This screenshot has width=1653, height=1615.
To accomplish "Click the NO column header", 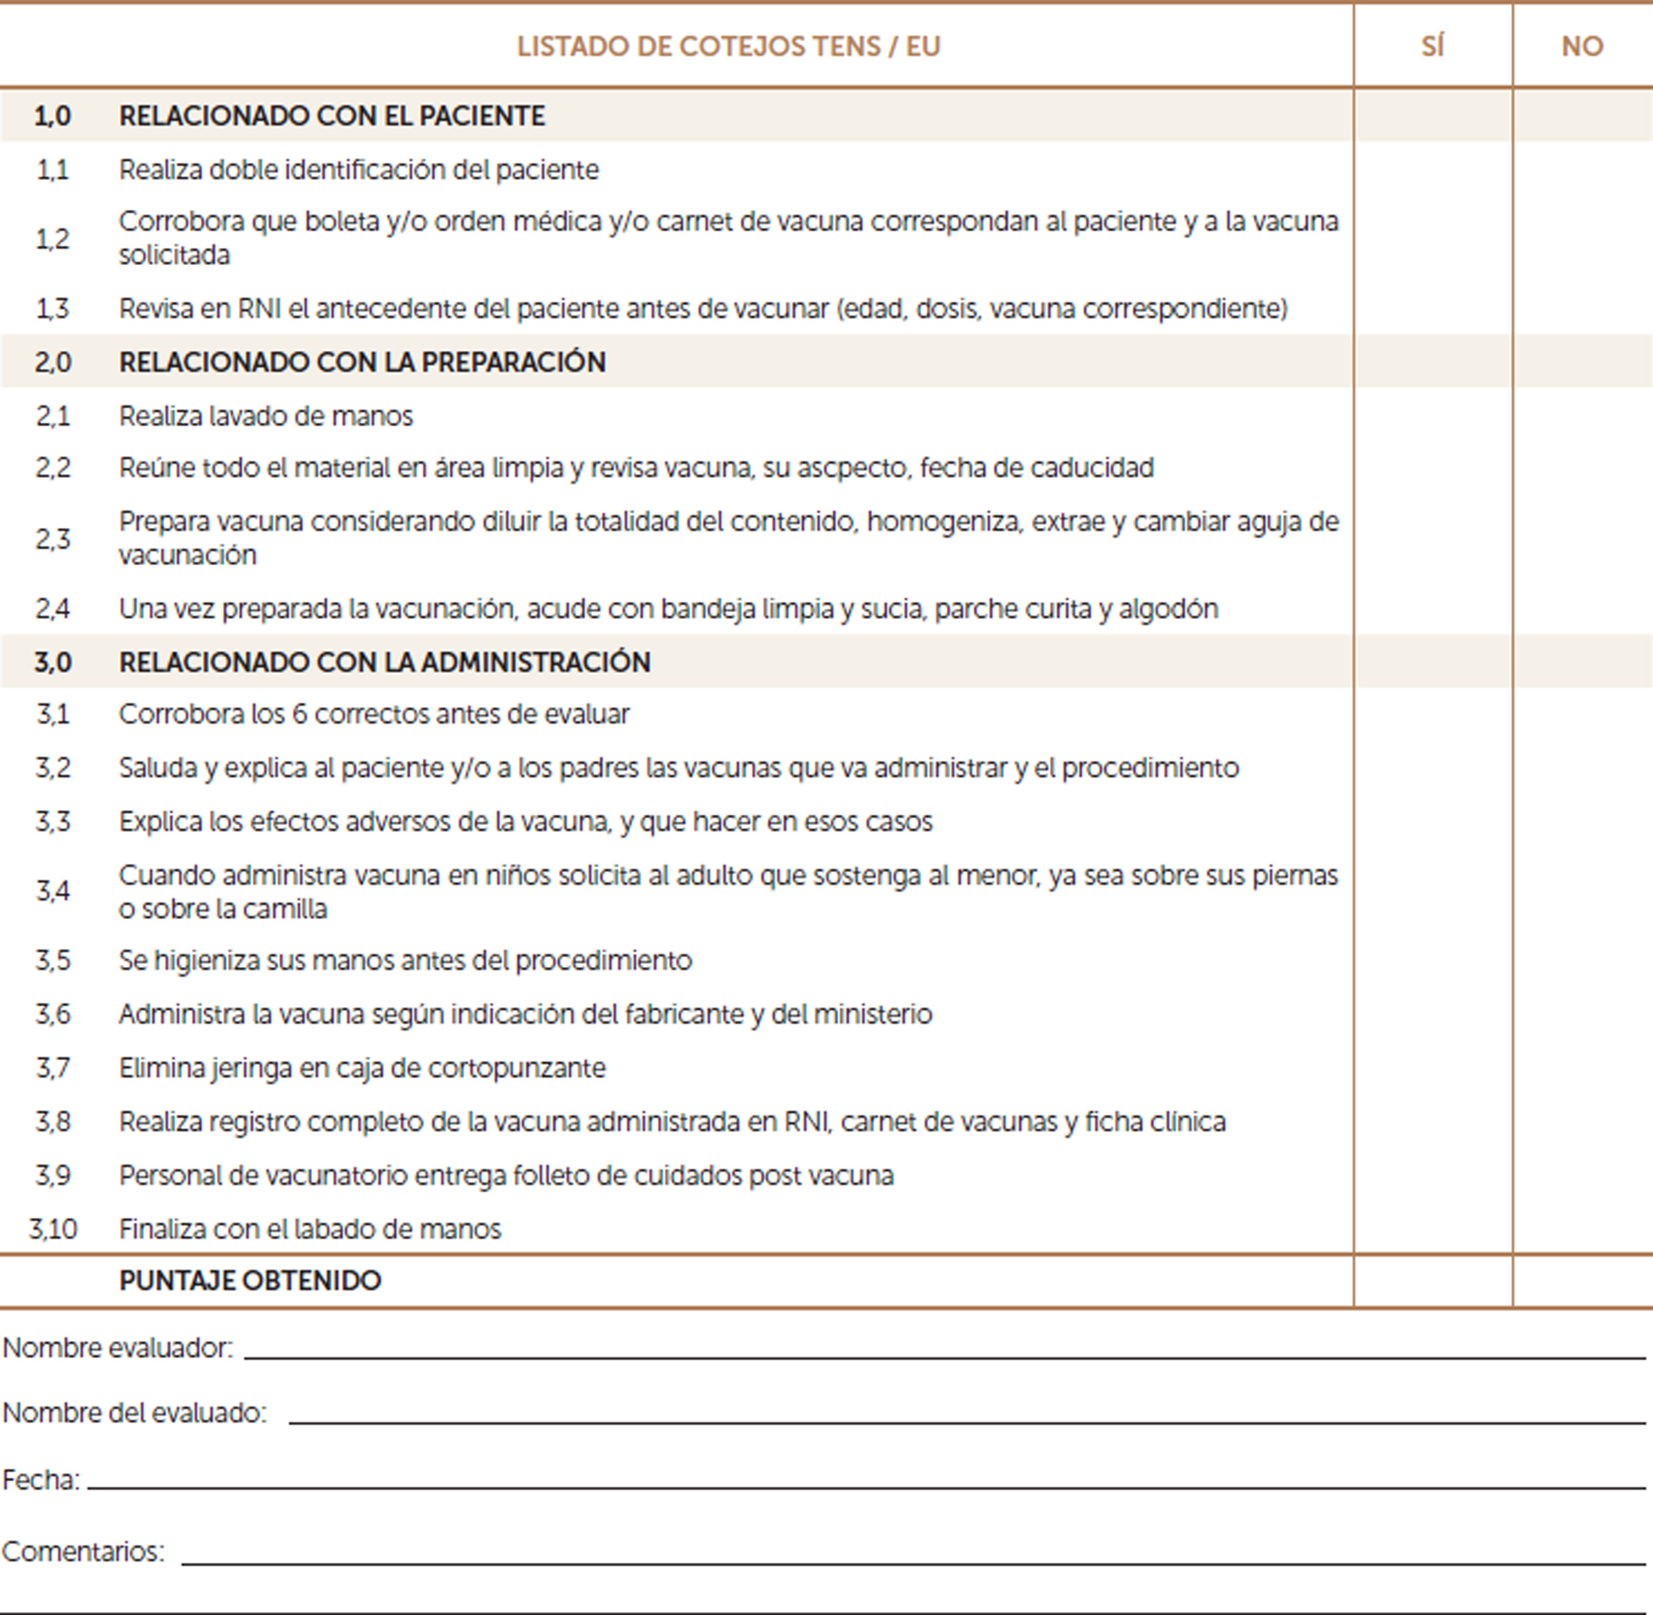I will (1582, 46).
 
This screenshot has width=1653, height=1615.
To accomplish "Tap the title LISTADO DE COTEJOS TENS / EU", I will (729, 46).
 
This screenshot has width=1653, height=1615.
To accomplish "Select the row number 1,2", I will (53, 239).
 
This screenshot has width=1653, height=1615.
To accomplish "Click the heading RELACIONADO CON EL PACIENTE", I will (331, 115).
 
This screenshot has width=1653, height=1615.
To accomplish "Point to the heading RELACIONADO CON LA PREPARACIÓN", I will (362, 362).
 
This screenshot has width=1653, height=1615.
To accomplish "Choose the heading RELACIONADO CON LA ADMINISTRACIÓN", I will (384, 662).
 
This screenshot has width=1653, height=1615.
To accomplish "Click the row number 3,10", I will (53, 1229).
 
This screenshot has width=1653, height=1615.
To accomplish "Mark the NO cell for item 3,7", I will (1582, 1068).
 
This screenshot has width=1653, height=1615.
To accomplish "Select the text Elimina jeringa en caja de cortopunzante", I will (362, 1068).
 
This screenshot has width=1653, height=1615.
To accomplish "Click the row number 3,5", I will (53, 960).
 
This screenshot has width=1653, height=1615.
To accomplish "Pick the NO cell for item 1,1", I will (1582, 170).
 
